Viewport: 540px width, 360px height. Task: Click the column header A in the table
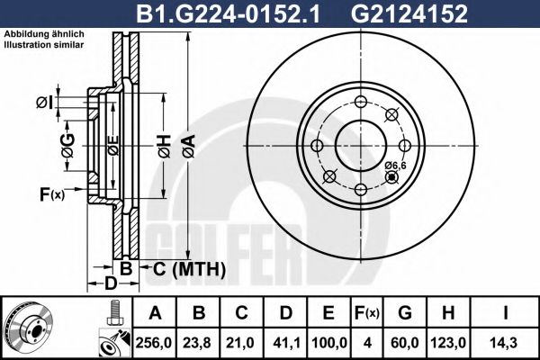click(155, 313)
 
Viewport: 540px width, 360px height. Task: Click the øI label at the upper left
click(43, 103)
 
